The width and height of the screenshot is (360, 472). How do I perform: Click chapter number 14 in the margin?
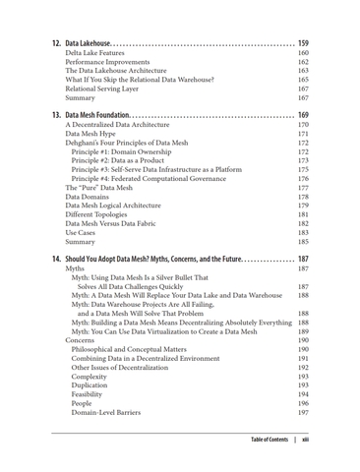56,259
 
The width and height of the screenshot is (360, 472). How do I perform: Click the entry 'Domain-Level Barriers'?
109,413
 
